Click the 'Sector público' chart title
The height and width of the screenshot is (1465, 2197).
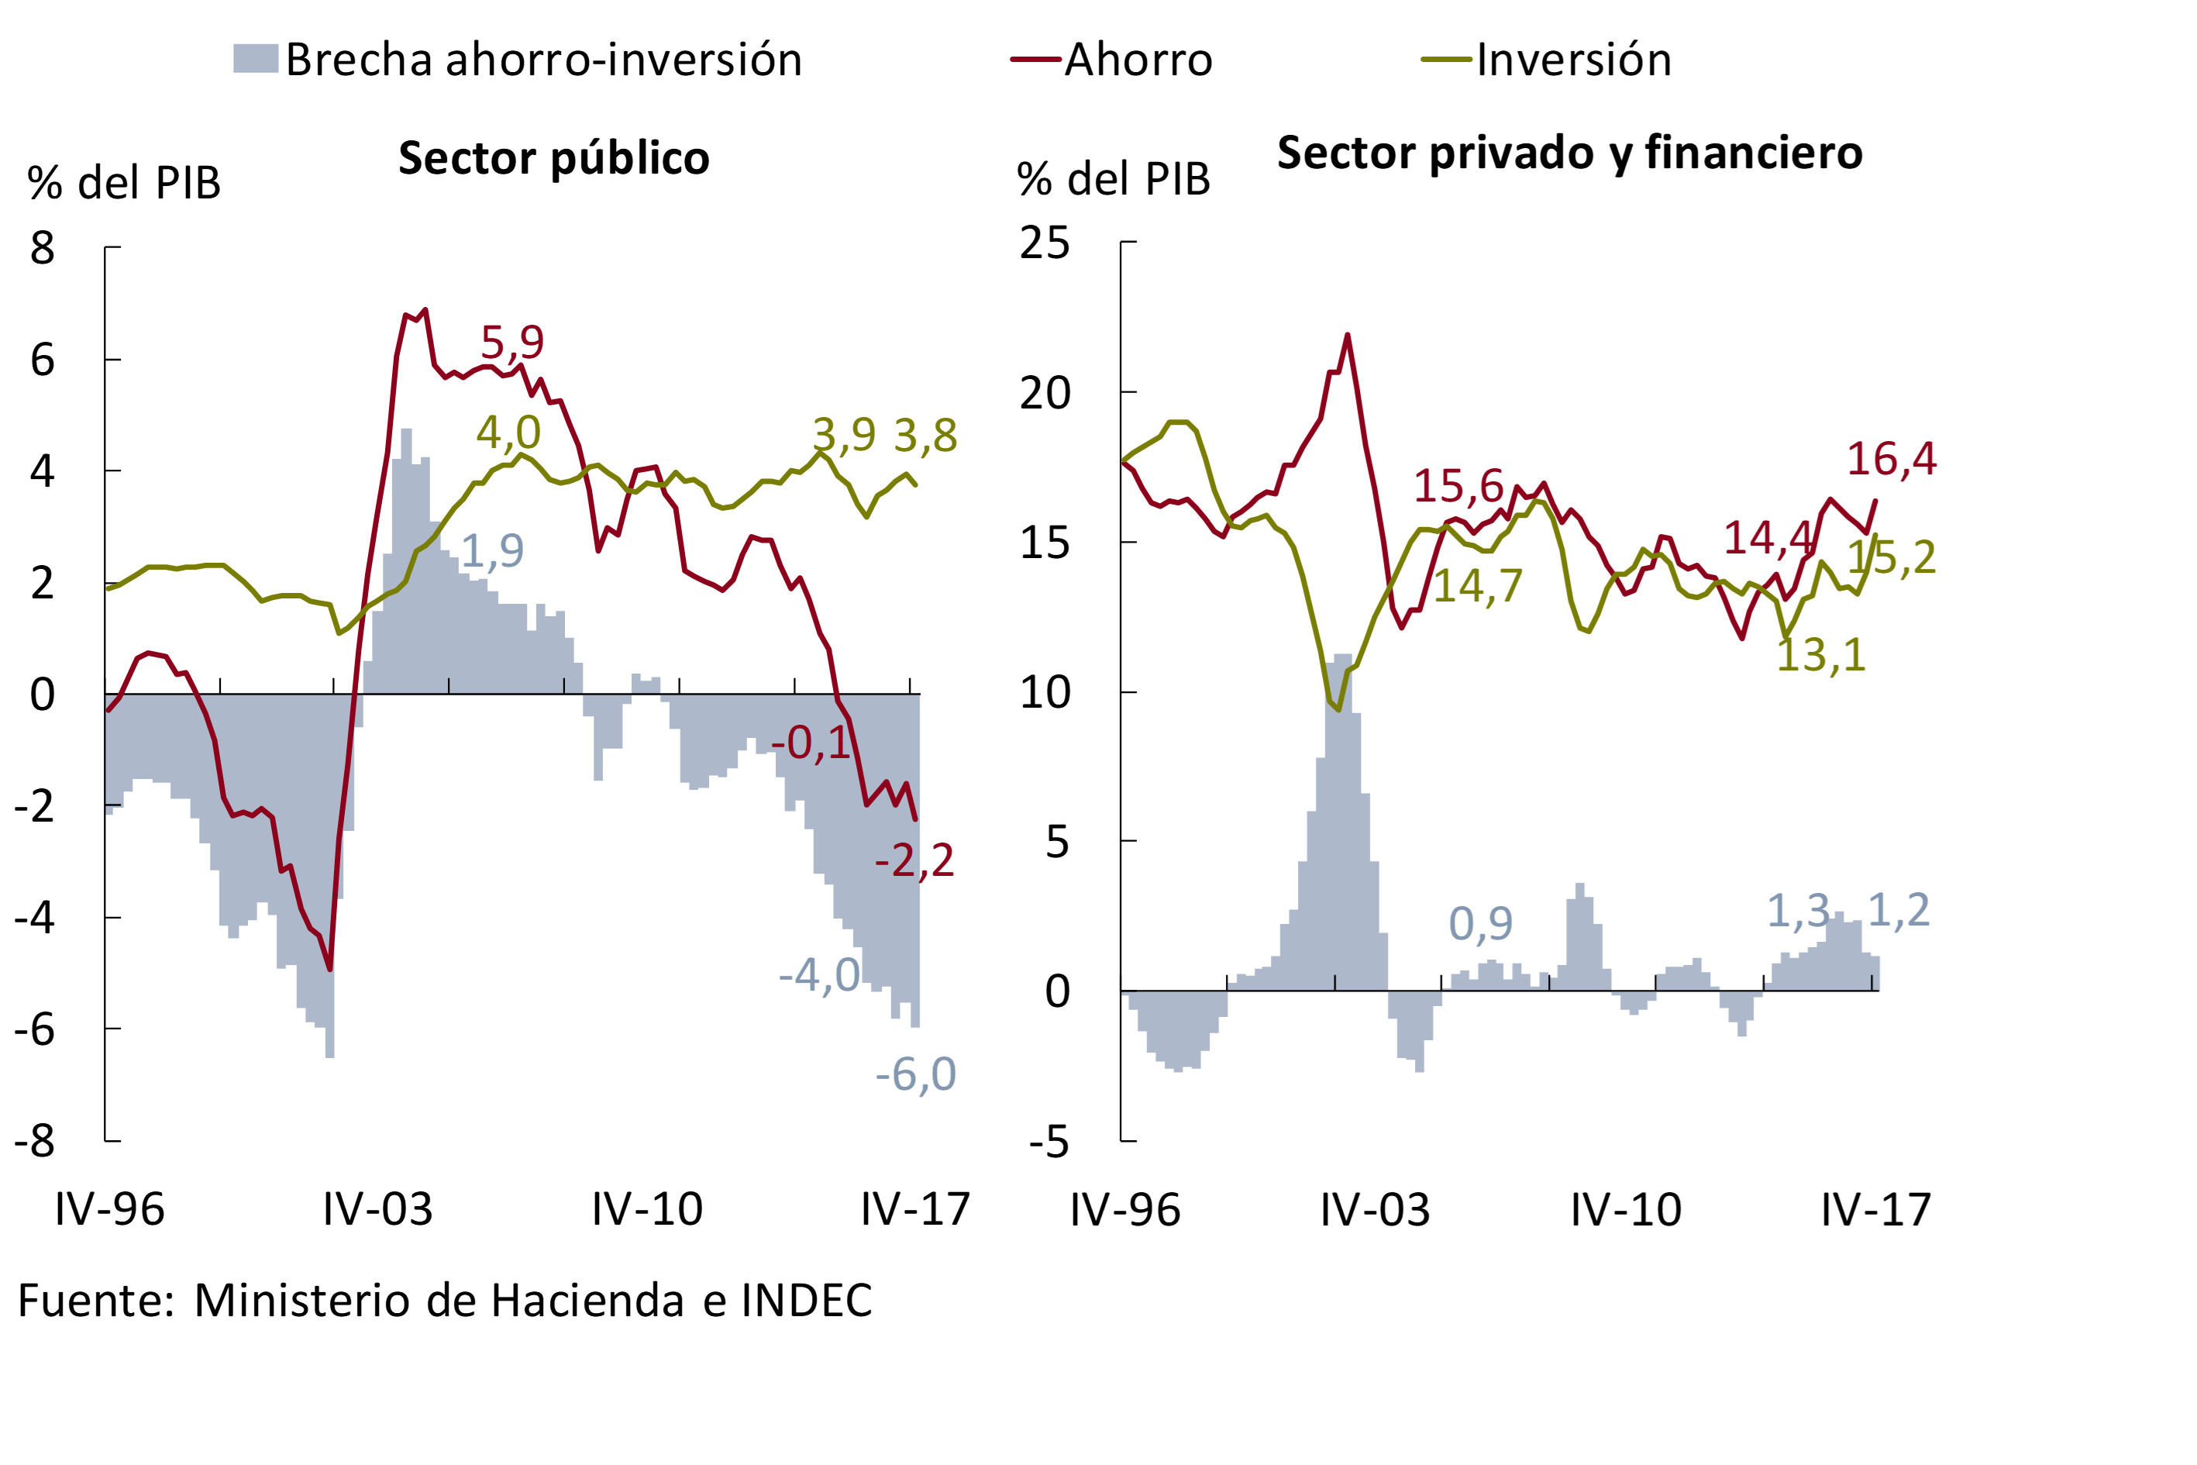[x=554, y=158]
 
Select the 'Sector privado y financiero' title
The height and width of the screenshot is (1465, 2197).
[x=1569, y=152]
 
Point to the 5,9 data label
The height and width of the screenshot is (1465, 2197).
[x=512, y=342]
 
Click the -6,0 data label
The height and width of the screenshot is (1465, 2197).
[x=915, y=1074]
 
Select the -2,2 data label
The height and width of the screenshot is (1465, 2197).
[x=914, y=860]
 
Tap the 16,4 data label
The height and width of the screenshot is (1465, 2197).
[x=1892, y=459]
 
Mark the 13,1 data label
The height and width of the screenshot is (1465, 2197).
[x=1820, y=655]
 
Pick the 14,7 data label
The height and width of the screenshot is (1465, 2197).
[x=1478, y=587]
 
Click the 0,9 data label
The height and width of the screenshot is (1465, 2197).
[x=1480, y=923]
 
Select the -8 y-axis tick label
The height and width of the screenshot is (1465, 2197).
[x=35, y=1141]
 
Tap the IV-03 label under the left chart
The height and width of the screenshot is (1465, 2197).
[x=377, y=1210]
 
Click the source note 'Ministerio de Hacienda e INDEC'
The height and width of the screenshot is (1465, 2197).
[x=532, y=1301]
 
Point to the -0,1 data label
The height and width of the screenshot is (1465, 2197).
[x=811, y=743]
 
